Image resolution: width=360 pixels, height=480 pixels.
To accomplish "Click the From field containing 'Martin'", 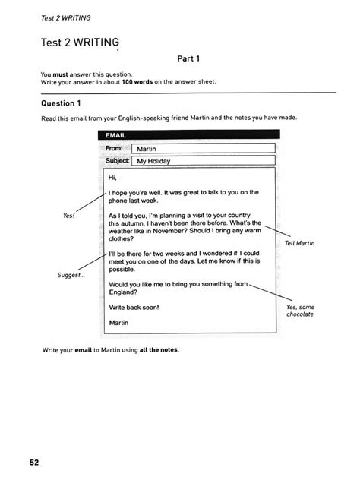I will (202, 148).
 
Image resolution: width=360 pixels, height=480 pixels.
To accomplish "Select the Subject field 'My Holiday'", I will (202, 161).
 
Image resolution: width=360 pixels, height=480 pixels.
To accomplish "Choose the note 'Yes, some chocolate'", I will (301, 310).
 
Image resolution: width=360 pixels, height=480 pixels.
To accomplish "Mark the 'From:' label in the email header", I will (115, 148).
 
